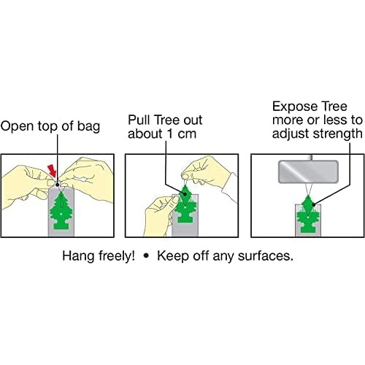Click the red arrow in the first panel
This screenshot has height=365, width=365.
pyautogui.click(x=52, y=170)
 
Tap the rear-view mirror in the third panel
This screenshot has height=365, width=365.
pyautogui.click(x=308, y=172)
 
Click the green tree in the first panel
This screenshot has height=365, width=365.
pyautogui.click(x=61, y=210)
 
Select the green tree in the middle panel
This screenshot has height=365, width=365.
pyautogui.click(x=185, y=204)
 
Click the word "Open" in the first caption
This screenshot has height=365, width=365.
pyautogui.click(x=17, y=126)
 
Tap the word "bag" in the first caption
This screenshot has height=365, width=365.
pyautogui.click(x=88, y=127)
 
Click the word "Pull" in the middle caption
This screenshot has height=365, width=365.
pyautogui.click(x=139, y=120)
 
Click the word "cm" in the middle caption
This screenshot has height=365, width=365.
pyautogui.click(x=187, y=135)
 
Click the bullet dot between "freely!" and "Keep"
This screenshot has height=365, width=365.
pyautogui.click(x=146, y=256)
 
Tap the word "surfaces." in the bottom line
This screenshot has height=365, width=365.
pyautogui.click(x=266, y=256)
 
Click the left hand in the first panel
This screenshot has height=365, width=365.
pyautogui.click(x=27, y=181)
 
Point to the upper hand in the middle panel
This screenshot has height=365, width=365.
pyautogui.click(x=210, y=173)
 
